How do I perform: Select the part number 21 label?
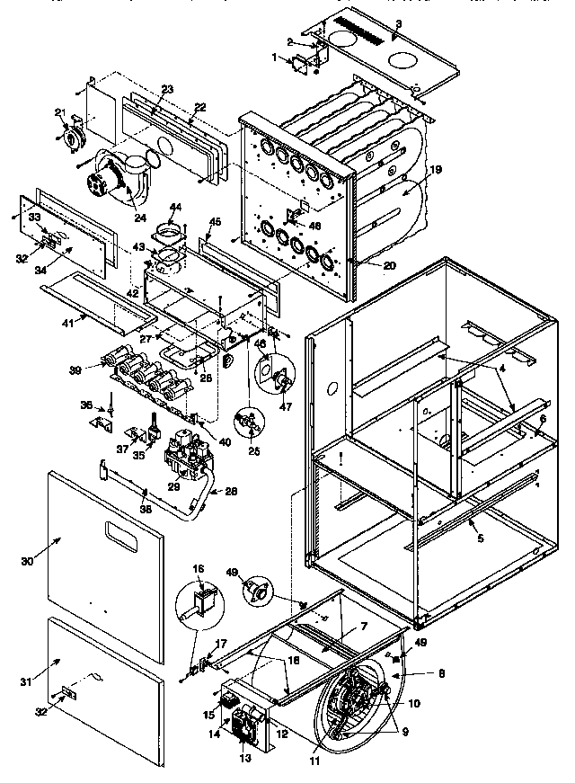click(61, 111)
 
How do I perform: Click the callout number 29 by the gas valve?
click(174, 485)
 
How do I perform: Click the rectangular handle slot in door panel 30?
click(124, 532)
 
